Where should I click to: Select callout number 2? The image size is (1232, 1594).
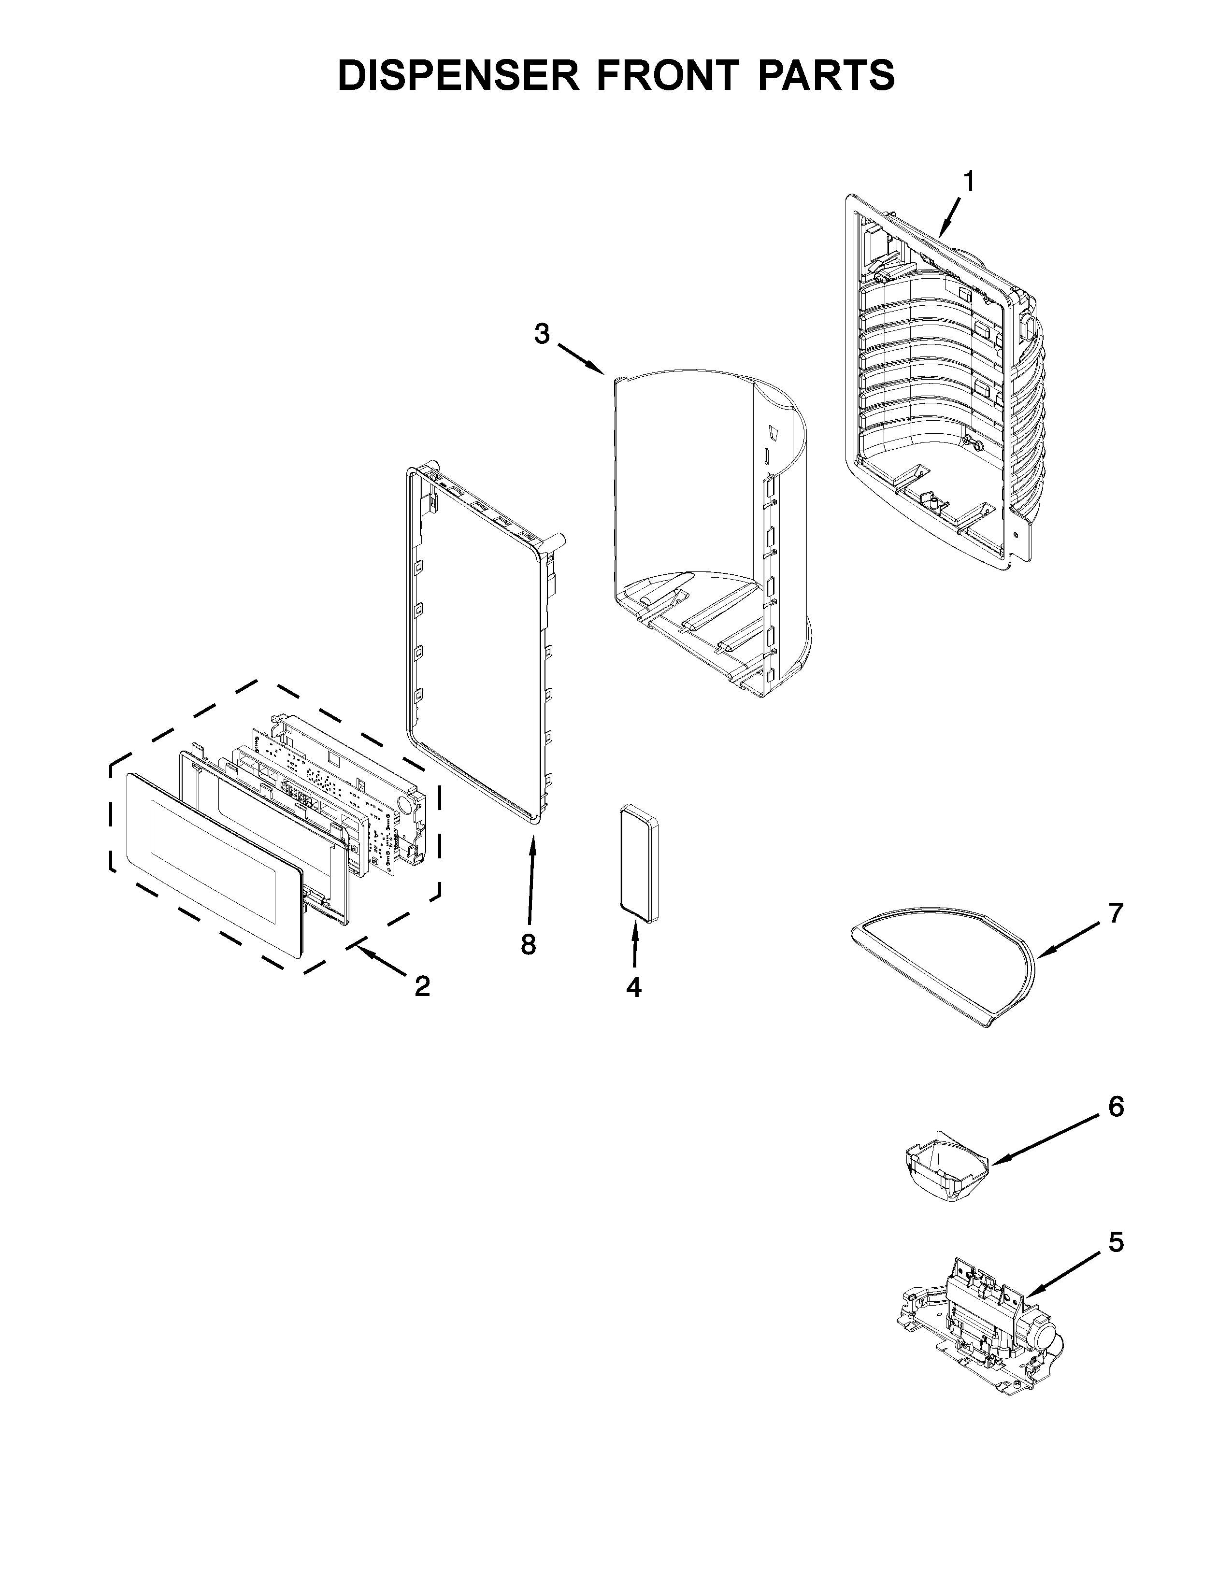[421, 987]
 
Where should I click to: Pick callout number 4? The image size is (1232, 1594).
[633, 987]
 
